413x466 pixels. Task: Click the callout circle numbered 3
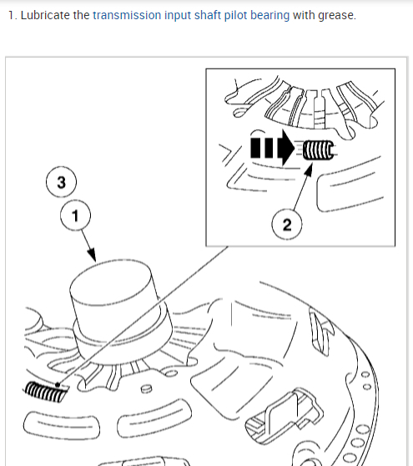pyautogui.click(x=61, y=182)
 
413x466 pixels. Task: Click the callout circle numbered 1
pyautogui.click(x=75, y=215)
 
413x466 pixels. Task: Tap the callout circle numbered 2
pyautogui.click(x=287, y=224)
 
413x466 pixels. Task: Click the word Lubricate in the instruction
pyautogui.click(x=45, y=15)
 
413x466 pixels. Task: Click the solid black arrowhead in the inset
pyautogui.click(x=285, y=148)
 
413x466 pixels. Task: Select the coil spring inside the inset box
pyautogui.click(x=318, y=149)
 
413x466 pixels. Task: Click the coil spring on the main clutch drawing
pyautogui.click(x=45, y=392)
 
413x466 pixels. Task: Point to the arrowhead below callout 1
pyautogui.click(x=93, y=255)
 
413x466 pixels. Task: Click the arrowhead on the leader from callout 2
pyautogui.click(x=309, y=170)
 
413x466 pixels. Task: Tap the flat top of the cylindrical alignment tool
pyautogui.click(x=110, y=281)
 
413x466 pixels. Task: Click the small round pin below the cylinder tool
pyautogui.click(x=146, y=388)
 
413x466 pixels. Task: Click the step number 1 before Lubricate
pyautogui.click(x=12, y=15)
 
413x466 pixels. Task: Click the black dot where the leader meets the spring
pyautogui.click(x=58, y=385)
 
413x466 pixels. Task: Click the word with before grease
pyautogui.click(x=304, y=15)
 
